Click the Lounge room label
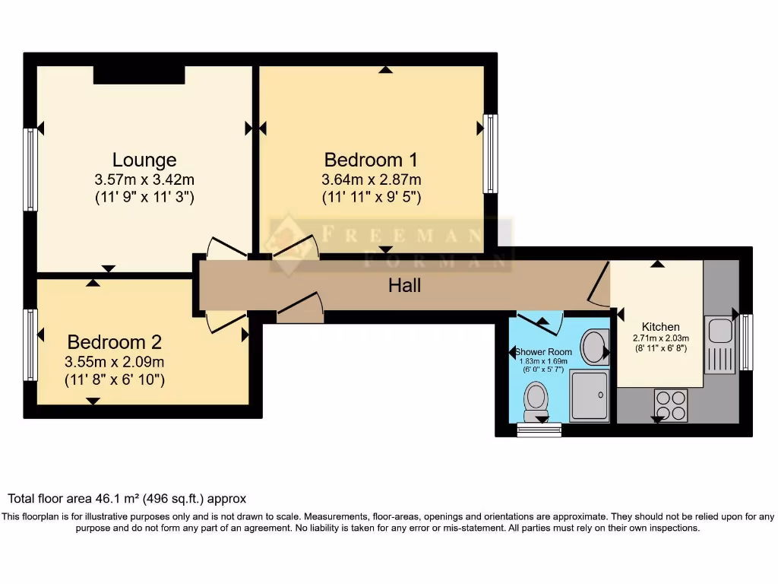[144, 160]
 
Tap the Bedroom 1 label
[371, 160]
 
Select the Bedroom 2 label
[114, 342]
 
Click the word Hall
[404, 286]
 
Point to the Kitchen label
[660, 327]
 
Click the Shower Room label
[543, 352]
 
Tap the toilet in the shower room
[536, 397]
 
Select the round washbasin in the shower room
[593, 347]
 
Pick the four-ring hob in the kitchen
[671, 405]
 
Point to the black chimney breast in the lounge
[139, 75]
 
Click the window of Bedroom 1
[490, 154]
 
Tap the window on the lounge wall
[30, 169]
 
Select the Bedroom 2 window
[30, 344]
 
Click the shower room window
[539, 430]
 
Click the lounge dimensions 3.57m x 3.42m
[144, 180]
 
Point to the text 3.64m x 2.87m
[371, 180]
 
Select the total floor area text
[127, 499]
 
